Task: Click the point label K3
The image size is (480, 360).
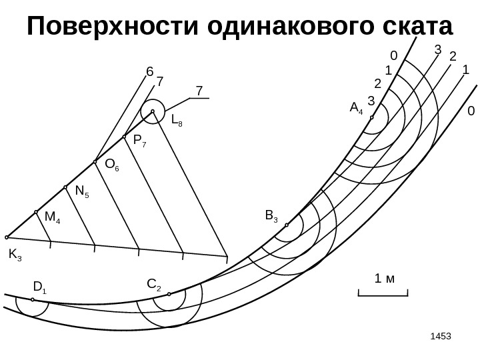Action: pos(15,254)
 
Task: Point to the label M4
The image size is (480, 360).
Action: pos(52,217)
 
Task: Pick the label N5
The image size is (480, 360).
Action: pos(82,192)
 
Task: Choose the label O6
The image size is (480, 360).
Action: pos(112,165)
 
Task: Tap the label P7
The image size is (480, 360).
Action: pos(139,141)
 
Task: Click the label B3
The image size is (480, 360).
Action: pos(271,215)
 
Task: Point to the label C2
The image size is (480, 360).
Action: pos(153,286)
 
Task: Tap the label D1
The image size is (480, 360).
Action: pos(40,288)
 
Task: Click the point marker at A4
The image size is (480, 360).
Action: pos(372,117)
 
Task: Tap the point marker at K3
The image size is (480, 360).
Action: pos(7,237)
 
